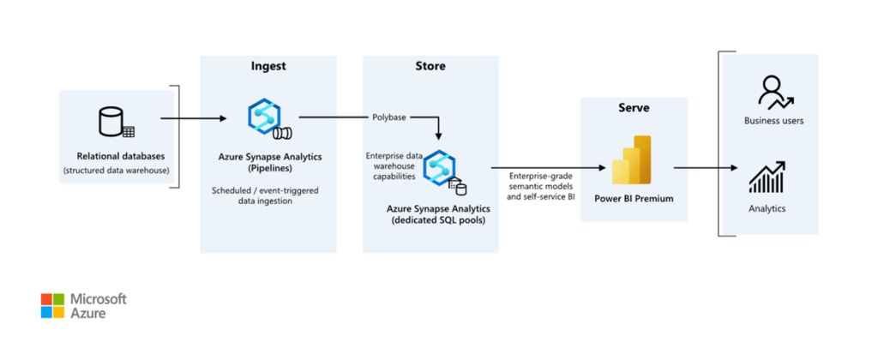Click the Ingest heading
point(268,66)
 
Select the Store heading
point(430,66)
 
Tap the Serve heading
point(634,108)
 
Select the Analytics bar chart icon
point(767,177)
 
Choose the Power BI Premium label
point(634,200)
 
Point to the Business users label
point(773,121)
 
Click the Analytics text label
point(767,207)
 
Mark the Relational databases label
point(116,156)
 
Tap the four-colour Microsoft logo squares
point(52,306)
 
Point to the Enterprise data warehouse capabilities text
point(391,166)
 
